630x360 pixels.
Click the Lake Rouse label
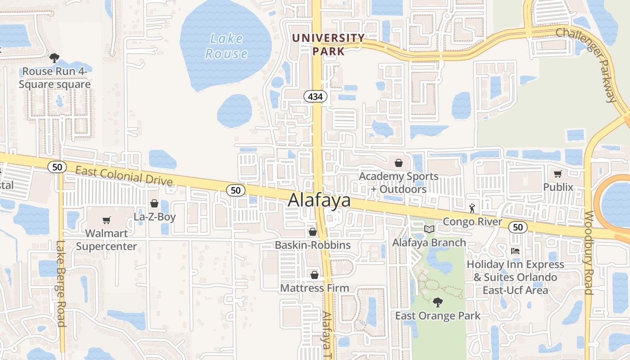(226, 46)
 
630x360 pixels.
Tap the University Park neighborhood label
(328, 44)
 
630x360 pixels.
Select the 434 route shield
(315, 96)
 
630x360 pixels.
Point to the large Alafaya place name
(319, 200)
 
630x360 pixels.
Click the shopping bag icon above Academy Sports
(398, 163)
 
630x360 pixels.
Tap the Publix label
(558, 187)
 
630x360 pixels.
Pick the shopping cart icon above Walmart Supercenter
(107, 220)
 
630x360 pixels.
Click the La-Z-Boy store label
(154, 217)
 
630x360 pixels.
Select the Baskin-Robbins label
(313, 245)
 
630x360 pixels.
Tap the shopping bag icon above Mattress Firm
(314, 274)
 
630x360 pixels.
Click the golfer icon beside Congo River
(472, 208)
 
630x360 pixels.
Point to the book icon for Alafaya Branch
(429, 229)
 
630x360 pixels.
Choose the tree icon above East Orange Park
(437, 302)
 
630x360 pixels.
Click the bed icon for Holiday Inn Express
(515, 251)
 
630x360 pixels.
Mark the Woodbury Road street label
(589, 252)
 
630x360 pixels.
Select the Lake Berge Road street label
(61, 283)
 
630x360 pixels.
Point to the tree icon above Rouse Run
(54, 58)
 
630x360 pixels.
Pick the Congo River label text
(472, 221)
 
